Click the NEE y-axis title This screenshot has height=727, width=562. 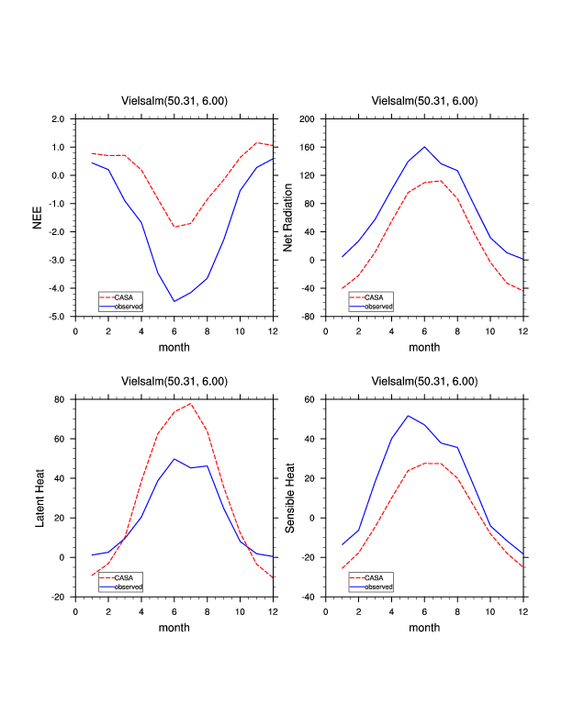point(39,218)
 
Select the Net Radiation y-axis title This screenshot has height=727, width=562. point(287,218)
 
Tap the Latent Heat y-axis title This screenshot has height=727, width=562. point(39,498)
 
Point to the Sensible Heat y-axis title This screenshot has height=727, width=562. point(287,498)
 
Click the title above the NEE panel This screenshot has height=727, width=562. point(174,101)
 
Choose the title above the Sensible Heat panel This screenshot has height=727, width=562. point(424,381)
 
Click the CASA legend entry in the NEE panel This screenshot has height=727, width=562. point(122,297)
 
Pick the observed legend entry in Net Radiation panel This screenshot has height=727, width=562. point(377,306)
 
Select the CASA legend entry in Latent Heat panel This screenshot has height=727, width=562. point(122,577)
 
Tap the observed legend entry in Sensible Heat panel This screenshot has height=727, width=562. point(377,586)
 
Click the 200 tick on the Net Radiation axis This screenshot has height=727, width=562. point(307,119)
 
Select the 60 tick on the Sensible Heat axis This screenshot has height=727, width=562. point(309,399)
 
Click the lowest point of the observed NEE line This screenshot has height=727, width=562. point(174,301)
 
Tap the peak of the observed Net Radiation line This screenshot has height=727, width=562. point(424,147)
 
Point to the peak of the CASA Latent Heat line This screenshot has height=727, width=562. point(191,403)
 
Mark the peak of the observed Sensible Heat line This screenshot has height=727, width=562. point(408,416)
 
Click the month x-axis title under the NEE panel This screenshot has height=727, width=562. point(174,347)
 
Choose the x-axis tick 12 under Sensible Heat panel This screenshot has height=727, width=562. point(523,610)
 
